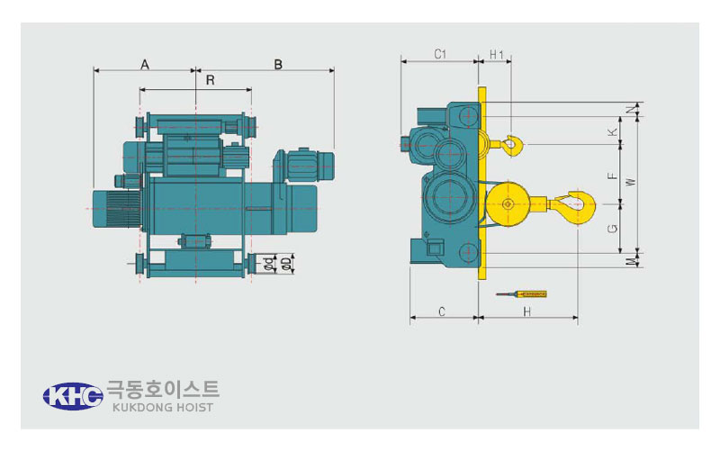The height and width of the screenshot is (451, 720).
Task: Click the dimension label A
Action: [145, 65]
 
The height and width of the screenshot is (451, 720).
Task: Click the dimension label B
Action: [278, 65]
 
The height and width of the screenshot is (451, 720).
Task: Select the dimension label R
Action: [211, 80]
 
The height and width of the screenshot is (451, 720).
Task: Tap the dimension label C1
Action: [440, 54]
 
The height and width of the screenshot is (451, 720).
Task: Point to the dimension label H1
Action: [497, 55]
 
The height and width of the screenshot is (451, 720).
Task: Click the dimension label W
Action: [632, 182]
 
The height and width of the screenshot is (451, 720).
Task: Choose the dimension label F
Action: [613, 176]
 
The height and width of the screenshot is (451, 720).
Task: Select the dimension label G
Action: [613, 229]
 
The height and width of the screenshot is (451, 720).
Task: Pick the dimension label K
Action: [613, 132]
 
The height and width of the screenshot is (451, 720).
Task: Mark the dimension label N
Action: [633, 108]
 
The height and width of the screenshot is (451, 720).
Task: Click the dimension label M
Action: [632, 261]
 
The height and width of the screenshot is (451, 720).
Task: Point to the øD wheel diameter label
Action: [285, 263]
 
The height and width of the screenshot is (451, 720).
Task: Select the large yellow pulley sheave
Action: [508, 204]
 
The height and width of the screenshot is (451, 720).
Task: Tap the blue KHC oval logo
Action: [73, 396]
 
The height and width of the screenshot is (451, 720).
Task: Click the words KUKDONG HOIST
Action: [163, 408]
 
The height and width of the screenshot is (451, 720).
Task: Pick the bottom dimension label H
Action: [527, 311]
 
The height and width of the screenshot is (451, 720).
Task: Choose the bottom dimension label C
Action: [442, 311]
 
